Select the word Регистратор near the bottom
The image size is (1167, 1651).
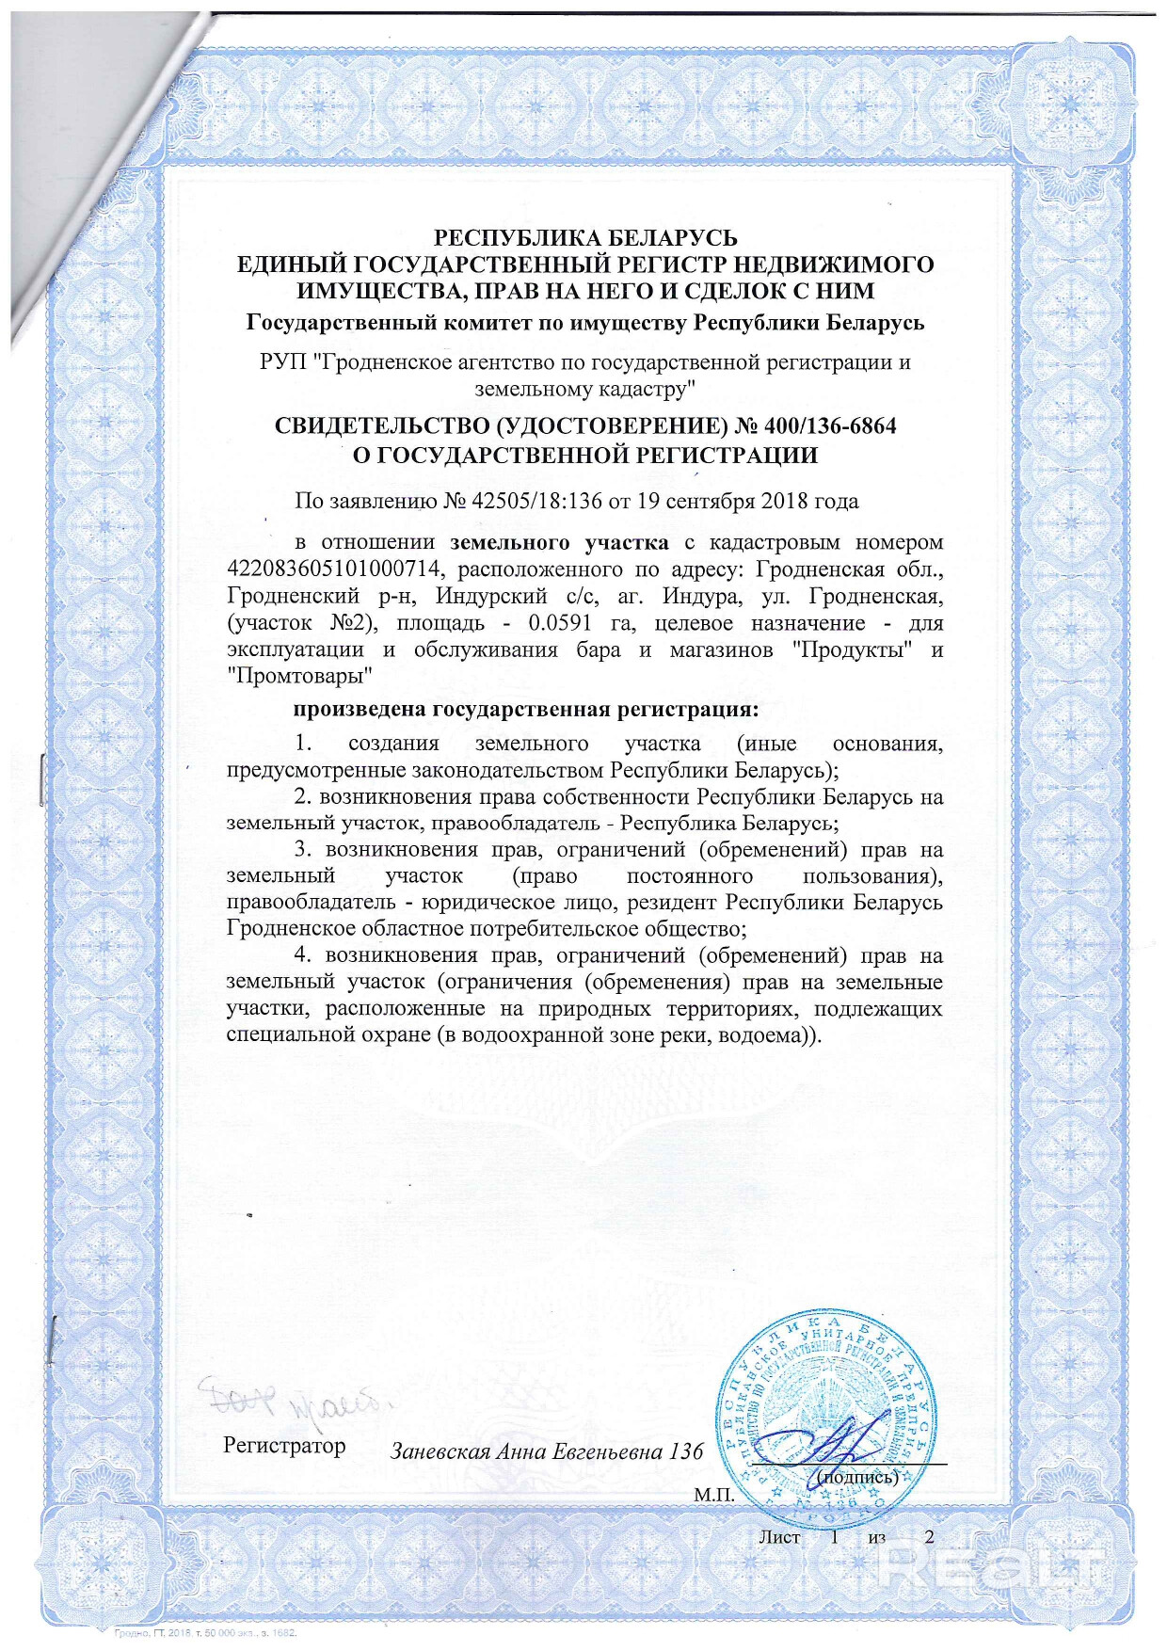point(284,1445)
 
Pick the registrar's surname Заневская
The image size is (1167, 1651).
point(440,1451)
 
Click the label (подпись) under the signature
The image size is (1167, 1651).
point(856,1477)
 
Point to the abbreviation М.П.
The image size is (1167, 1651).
point(713,1495)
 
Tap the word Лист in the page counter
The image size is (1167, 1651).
point(779,1537)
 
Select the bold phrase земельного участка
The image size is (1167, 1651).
point(560,542)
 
